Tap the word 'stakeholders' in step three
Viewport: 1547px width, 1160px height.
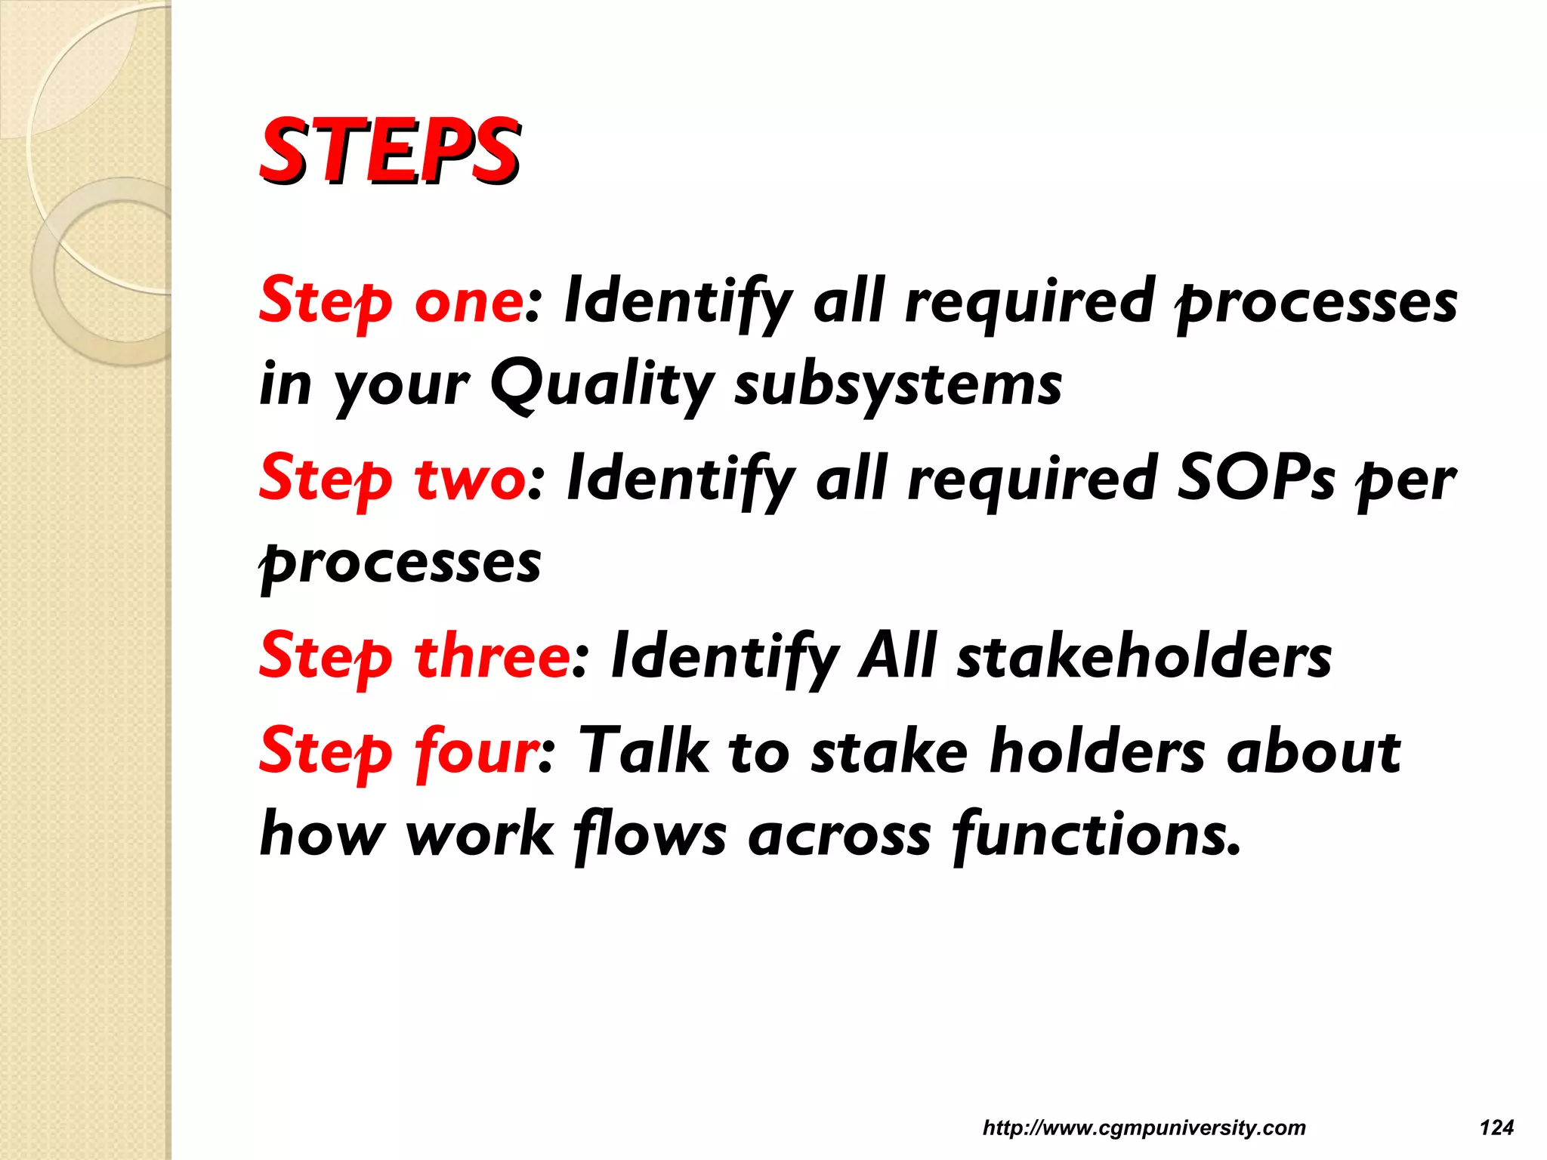[x=1144, y=656]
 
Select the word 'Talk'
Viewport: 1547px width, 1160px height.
[x=644, y=751]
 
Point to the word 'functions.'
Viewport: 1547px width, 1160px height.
[x=1096, y=835]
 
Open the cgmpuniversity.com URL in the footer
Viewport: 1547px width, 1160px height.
[x=1144, y=1128]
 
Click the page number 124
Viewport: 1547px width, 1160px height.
[x=1496, y=1128]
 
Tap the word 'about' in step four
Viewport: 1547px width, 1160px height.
[x=1314, y=751]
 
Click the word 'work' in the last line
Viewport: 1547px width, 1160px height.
[x=480, y=835]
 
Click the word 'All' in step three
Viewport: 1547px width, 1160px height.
[x=897, y=656]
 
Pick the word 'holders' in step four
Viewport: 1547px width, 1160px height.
[x=1097, y=751]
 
